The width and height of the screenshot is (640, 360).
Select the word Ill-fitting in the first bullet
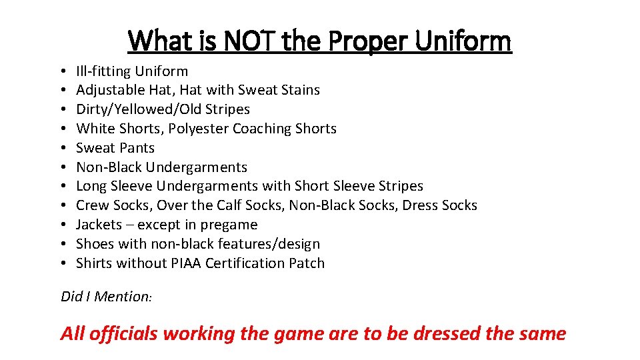pyautogui.click(x=103, y=71)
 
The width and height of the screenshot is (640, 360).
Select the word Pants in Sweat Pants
pyautogui.click(x=137, y=148)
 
